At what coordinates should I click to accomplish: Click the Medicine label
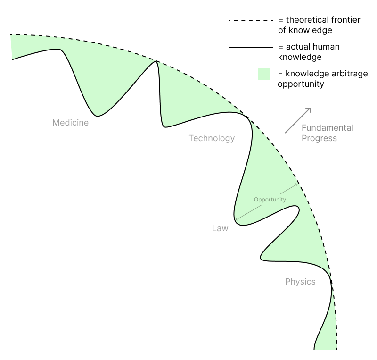(x=70, y=123)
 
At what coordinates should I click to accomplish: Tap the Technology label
(x=212, y=138)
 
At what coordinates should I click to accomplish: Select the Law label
(x=220, y=228)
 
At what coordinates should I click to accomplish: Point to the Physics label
(x=300, y=282)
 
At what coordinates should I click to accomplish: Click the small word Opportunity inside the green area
(x=270, y=200)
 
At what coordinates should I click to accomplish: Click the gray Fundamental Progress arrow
(x=298, y=120)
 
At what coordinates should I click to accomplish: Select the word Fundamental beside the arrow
(x=327, y=128)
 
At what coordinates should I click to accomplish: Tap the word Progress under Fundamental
(x=319, y=138)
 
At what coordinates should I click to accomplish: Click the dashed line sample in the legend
(x=250, y=21)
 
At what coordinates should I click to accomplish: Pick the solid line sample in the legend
(x=250, y=47)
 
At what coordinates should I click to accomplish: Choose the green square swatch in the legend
(x=264, y=74)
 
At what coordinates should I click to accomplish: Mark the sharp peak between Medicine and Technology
(x=156, y=62)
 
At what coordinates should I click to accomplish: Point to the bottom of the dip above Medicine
(x=98, y=116)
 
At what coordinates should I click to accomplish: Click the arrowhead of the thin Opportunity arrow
(x=297, y=184)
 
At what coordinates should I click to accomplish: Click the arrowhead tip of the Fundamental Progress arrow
(x=311, y=108)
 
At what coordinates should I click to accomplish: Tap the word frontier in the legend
(x=344, y=20)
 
